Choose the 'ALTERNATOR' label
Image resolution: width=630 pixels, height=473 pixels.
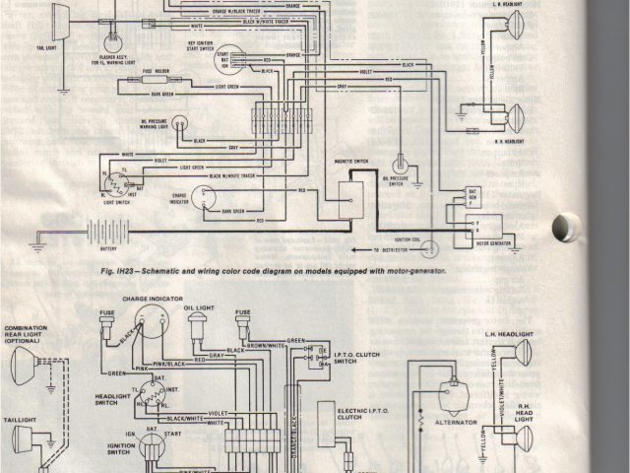pos(457,422)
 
